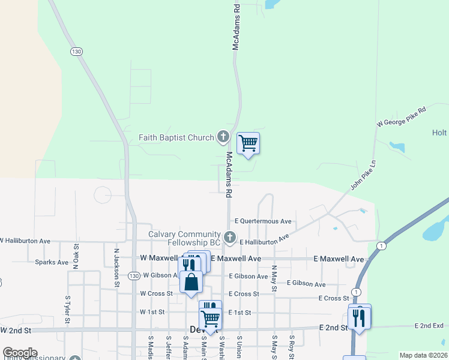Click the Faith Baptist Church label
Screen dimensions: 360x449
(x=176, y=137)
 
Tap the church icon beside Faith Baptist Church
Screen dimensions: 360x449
(x=223, y=137)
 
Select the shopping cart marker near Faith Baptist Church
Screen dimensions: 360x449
(x=248, y=144)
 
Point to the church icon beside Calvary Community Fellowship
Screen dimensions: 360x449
(x=229, y=238)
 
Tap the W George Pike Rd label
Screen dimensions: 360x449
(x=401, y=117)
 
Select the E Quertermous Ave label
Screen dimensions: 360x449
(x=263, y=221)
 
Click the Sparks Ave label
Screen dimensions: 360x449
(x=52, y=262)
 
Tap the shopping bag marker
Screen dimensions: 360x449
(x=191, y=281)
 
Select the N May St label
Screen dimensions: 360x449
(x=274, y=279)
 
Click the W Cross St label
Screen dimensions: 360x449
(x=156, y=294)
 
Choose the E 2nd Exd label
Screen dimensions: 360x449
(x=429, y=325)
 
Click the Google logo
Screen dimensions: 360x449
(x=20, y=353)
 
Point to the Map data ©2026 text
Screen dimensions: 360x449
(x=423, y=355)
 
